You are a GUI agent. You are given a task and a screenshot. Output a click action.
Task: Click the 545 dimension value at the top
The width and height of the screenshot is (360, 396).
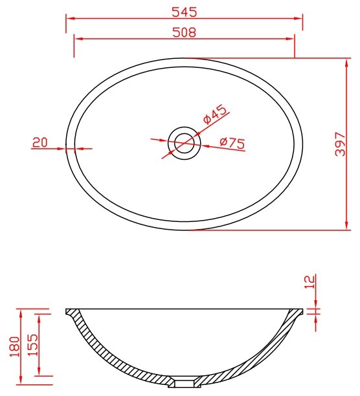[184, 12]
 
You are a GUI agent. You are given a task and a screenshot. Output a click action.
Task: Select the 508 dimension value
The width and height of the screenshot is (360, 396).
[184, 32]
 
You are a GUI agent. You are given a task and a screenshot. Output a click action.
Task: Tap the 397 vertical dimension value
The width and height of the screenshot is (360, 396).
[340, 144]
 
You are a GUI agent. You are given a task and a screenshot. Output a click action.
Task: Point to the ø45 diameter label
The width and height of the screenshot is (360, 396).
[215, 114]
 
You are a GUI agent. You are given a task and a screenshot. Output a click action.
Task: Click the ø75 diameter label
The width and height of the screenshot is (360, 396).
[232, 143]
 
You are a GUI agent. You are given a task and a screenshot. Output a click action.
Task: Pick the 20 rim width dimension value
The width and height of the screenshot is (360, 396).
[40, 142]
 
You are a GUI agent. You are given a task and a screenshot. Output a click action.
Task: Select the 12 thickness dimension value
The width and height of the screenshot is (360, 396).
[311, 281]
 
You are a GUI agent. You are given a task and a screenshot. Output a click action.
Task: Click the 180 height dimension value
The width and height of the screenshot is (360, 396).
[15, 346]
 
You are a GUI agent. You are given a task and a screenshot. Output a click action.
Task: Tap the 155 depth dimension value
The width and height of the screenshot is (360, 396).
[32, 345]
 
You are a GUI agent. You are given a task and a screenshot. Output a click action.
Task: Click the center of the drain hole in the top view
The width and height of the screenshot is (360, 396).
[184, 143]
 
